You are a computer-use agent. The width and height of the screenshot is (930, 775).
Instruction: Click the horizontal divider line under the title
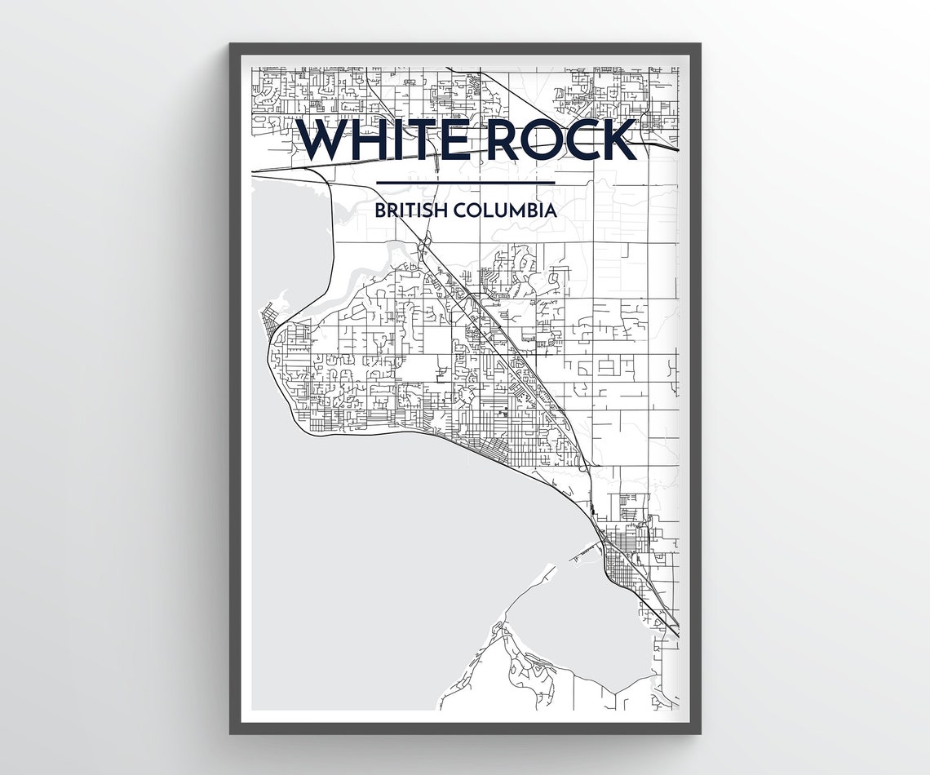tap(465, 183)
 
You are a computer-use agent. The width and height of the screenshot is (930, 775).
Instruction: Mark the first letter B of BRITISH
tap(380, 210)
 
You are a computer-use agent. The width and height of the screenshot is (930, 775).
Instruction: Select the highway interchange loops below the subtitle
tap(424, 243)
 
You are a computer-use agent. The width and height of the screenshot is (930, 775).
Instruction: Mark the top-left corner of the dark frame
tap(231, 44)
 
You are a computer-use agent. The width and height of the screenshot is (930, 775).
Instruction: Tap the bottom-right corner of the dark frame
tap(700, 733)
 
